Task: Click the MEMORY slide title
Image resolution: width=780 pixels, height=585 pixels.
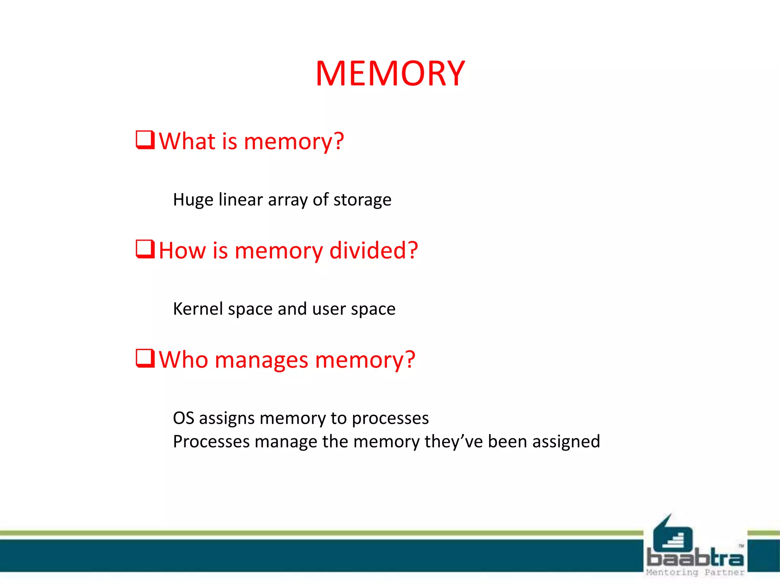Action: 390,74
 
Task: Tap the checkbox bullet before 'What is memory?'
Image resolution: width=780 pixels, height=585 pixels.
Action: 145,140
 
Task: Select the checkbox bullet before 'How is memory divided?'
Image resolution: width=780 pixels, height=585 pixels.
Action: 145,249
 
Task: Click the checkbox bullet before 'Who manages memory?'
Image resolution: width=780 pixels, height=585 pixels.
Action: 145,358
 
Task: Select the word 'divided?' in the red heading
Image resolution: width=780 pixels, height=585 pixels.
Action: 374,251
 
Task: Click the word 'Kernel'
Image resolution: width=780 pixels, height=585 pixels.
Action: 198,309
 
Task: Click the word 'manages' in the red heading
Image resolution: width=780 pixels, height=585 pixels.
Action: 261,360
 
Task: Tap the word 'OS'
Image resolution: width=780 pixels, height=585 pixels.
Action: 184,418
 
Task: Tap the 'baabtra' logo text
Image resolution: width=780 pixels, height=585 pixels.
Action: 695,558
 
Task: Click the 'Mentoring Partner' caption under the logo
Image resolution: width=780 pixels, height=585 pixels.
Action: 695,572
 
